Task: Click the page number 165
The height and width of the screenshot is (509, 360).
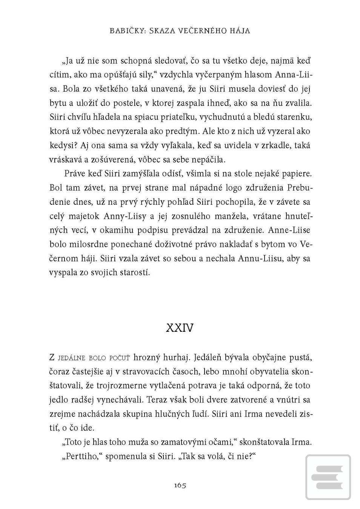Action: [x=180, y=485]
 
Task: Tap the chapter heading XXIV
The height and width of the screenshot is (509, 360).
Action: [x=180, y=328]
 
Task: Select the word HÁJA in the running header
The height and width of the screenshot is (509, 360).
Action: [x=240, y=31]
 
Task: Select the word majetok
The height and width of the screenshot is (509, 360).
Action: [x=84, y=216]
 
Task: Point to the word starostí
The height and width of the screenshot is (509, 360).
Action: [x=135, y=273]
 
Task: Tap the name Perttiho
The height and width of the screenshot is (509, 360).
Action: [x=82, y=457]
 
